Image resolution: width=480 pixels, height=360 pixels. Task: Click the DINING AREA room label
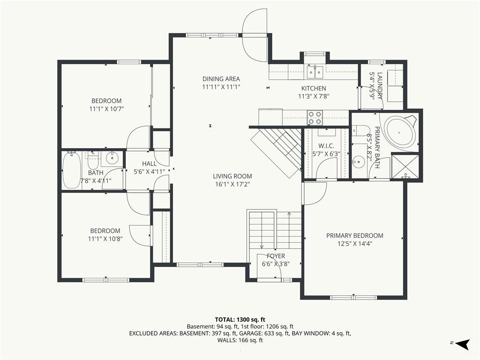221,79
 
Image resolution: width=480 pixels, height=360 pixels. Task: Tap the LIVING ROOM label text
232,176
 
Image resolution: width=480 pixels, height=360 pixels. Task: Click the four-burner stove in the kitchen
315,118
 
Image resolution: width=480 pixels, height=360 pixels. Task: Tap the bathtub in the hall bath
72,170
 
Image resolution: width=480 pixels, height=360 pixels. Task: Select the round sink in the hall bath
112,157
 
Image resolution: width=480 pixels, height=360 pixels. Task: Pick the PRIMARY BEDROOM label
354,235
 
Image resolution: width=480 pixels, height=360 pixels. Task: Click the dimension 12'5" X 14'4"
355,244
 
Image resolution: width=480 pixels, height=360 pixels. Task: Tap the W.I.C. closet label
326,146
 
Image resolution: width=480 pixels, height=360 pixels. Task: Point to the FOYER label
276,256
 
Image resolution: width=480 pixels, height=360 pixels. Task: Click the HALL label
149,164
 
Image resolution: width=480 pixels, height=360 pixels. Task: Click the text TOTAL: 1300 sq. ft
240,320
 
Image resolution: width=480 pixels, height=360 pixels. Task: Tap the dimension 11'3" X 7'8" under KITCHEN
314,97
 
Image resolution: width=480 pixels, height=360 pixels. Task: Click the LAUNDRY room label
380,86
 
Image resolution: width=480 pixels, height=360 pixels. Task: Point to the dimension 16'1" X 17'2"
232,184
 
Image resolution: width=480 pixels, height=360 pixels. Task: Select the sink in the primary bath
358,160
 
